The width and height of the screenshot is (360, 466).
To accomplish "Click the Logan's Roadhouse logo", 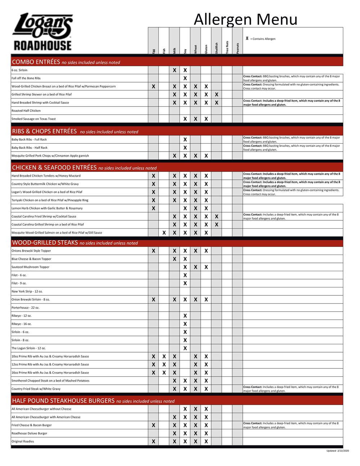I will click(42, 32).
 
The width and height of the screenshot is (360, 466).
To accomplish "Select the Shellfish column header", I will click(217, 48).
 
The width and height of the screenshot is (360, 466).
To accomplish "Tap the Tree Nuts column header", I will click(227, 47).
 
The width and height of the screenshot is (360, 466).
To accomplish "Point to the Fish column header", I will click(164, 51).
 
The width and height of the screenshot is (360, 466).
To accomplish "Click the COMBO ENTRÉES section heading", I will click(36, 62).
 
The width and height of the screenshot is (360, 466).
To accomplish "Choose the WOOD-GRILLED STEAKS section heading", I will click(45, 243).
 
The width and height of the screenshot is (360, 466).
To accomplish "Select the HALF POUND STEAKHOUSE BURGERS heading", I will click(63, 401).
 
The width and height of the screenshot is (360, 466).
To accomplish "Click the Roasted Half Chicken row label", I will click(26, 111).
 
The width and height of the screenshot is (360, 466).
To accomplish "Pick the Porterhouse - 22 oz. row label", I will click(25, 308).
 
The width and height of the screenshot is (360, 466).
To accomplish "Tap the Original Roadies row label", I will click(23, 441).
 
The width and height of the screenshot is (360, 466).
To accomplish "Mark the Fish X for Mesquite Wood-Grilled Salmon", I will click(164, 233).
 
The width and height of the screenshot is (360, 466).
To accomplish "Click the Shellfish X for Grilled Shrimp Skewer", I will click(216, 94).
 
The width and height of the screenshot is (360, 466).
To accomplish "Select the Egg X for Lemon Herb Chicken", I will click(153, 208).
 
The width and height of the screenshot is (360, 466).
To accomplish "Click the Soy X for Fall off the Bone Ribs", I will click(185, 78).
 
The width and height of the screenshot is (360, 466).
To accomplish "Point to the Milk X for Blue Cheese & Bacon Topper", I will click(174, 259).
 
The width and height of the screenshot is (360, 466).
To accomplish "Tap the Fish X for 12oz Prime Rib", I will click(164, 364).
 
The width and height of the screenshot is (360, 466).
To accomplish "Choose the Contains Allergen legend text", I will click(262, 39).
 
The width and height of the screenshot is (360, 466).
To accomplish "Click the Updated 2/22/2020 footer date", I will click(338, 451).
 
